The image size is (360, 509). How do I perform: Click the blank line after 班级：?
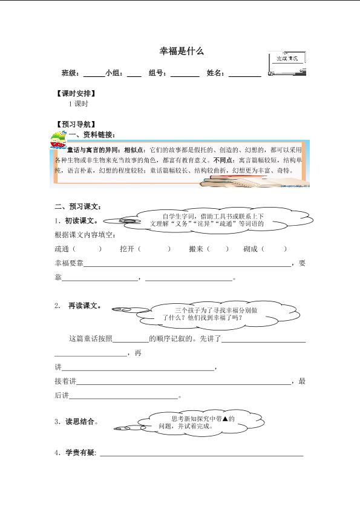point(94,74)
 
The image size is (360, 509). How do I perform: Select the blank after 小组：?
point(134,74)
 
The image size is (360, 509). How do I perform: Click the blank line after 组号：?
point(185,74)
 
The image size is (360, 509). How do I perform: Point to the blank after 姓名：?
point(244,74)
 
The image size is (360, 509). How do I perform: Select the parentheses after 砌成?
point(275,249)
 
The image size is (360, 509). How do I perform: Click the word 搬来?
point(196,249)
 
